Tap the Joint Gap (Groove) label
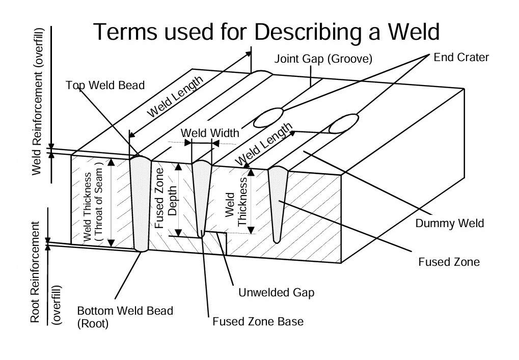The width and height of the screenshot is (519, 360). pyautogui.click(x=323, y=59)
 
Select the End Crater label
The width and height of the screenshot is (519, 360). pyautogui.click(x=461, y=57)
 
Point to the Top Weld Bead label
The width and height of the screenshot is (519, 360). pyautogui.click(x=105, y=85)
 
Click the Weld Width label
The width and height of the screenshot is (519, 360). pyautogui.click(x=210, y=133)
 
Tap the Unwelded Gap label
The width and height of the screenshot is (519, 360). pyautogui.click(x=276, y=293)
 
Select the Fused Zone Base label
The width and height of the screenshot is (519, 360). pyautogui.click(x=258, y=322)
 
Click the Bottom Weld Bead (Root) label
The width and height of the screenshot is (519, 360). pyautogui.click(x=125, y=317)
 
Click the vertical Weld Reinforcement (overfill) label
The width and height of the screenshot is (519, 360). pyautogui.click(x=39, y=102)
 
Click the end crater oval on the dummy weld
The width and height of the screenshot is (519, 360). pyautogui.click(x=343, y=123)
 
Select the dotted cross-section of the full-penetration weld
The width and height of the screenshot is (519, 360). pyautogui.click(x=140, y=204)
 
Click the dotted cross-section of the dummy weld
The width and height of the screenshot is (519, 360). pyautogui.click(x=277, y=199)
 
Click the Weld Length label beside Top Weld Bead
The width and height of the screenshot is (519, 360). pyautogui.click(x=176, y=97)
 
